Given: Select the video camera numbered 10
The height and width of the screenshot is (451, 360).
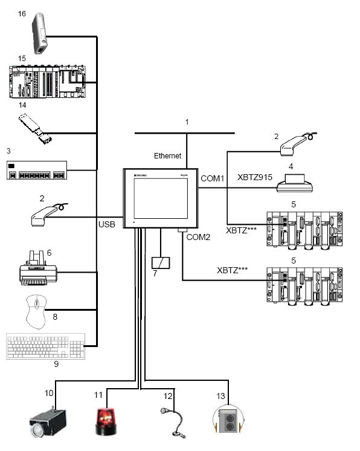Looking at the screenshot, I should (x=48, y=422).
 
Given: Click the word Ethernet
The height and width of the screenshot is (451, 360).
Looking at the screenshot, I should (x=167, y=155).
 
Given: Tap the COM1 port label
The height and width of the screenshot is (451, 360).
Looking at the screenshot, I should (x=211, y=178).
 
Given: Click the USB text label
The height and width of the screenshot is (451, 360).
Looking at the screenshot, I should (x=107, y=225).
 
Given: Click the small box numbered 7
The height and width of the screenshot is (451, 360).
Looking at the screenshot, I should (x=160, y=263).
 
